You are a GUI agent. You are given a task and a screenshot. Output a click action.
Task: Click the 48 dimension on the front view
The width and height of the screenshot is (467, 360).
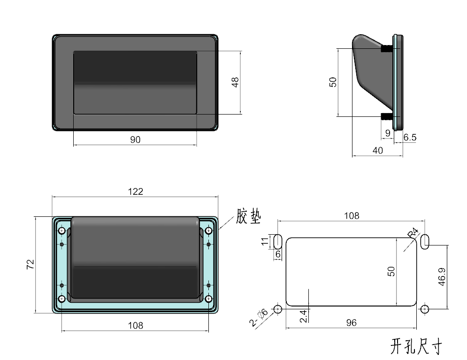[x=236, y=82]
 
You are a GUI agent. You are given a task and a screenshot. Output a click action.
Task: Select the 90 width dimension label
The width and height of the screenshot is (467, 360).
[x=135, y=139]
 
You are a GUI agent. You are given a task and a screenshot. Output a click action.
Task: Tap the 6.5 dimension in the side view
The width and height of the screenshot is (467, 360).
[x=410, y=138]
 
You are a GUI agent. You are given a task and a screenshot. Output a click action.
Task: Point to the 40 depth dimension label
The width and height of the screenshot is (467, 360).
[x=377, y=151]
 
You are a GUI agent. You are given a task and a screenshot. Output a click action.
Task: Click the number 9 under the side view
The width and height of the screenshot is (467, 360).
[x=387, y=133]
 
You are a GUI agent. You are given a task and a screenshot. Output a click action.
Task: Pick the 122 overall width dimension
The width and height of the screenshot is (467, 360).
[x=135, y=191]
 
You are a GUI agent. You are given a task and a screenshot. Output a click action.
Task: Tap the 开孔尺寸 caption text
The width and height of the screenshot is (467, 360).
[x=416, y=347]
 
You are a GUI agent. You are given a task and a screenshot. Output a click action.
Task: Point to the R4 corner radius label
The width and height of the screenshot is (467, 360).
[x=413, y=232]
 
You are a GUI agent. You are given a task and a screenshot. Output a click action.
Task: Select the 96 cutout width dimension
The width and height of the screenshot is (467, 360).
[x=351, y=322]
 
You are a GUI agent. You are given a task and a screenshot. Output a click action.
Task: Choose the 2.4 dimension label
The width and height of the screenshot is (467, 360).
[x=303, y=316]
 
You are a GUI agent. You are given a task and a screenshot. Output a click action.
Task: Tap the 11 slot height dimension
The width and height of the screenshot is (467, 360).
[x=264, y=241]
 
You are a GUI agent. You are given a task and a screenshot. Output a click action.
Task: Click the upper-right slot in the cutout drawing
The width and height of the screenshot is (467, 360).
[x=425, y=241]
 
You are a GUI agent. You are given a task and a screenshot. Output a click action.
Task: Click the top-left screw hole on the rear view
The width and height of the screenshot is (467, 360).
[x=62, y=231]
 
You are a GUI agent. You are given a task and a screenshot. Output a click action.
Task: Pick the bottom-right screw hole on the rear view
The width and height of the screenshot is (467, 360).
[x=208, y=299]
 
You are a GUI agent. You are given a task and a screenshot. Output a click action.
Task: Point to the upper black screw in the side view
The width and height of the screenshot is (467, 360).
[x=387, y=48]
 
